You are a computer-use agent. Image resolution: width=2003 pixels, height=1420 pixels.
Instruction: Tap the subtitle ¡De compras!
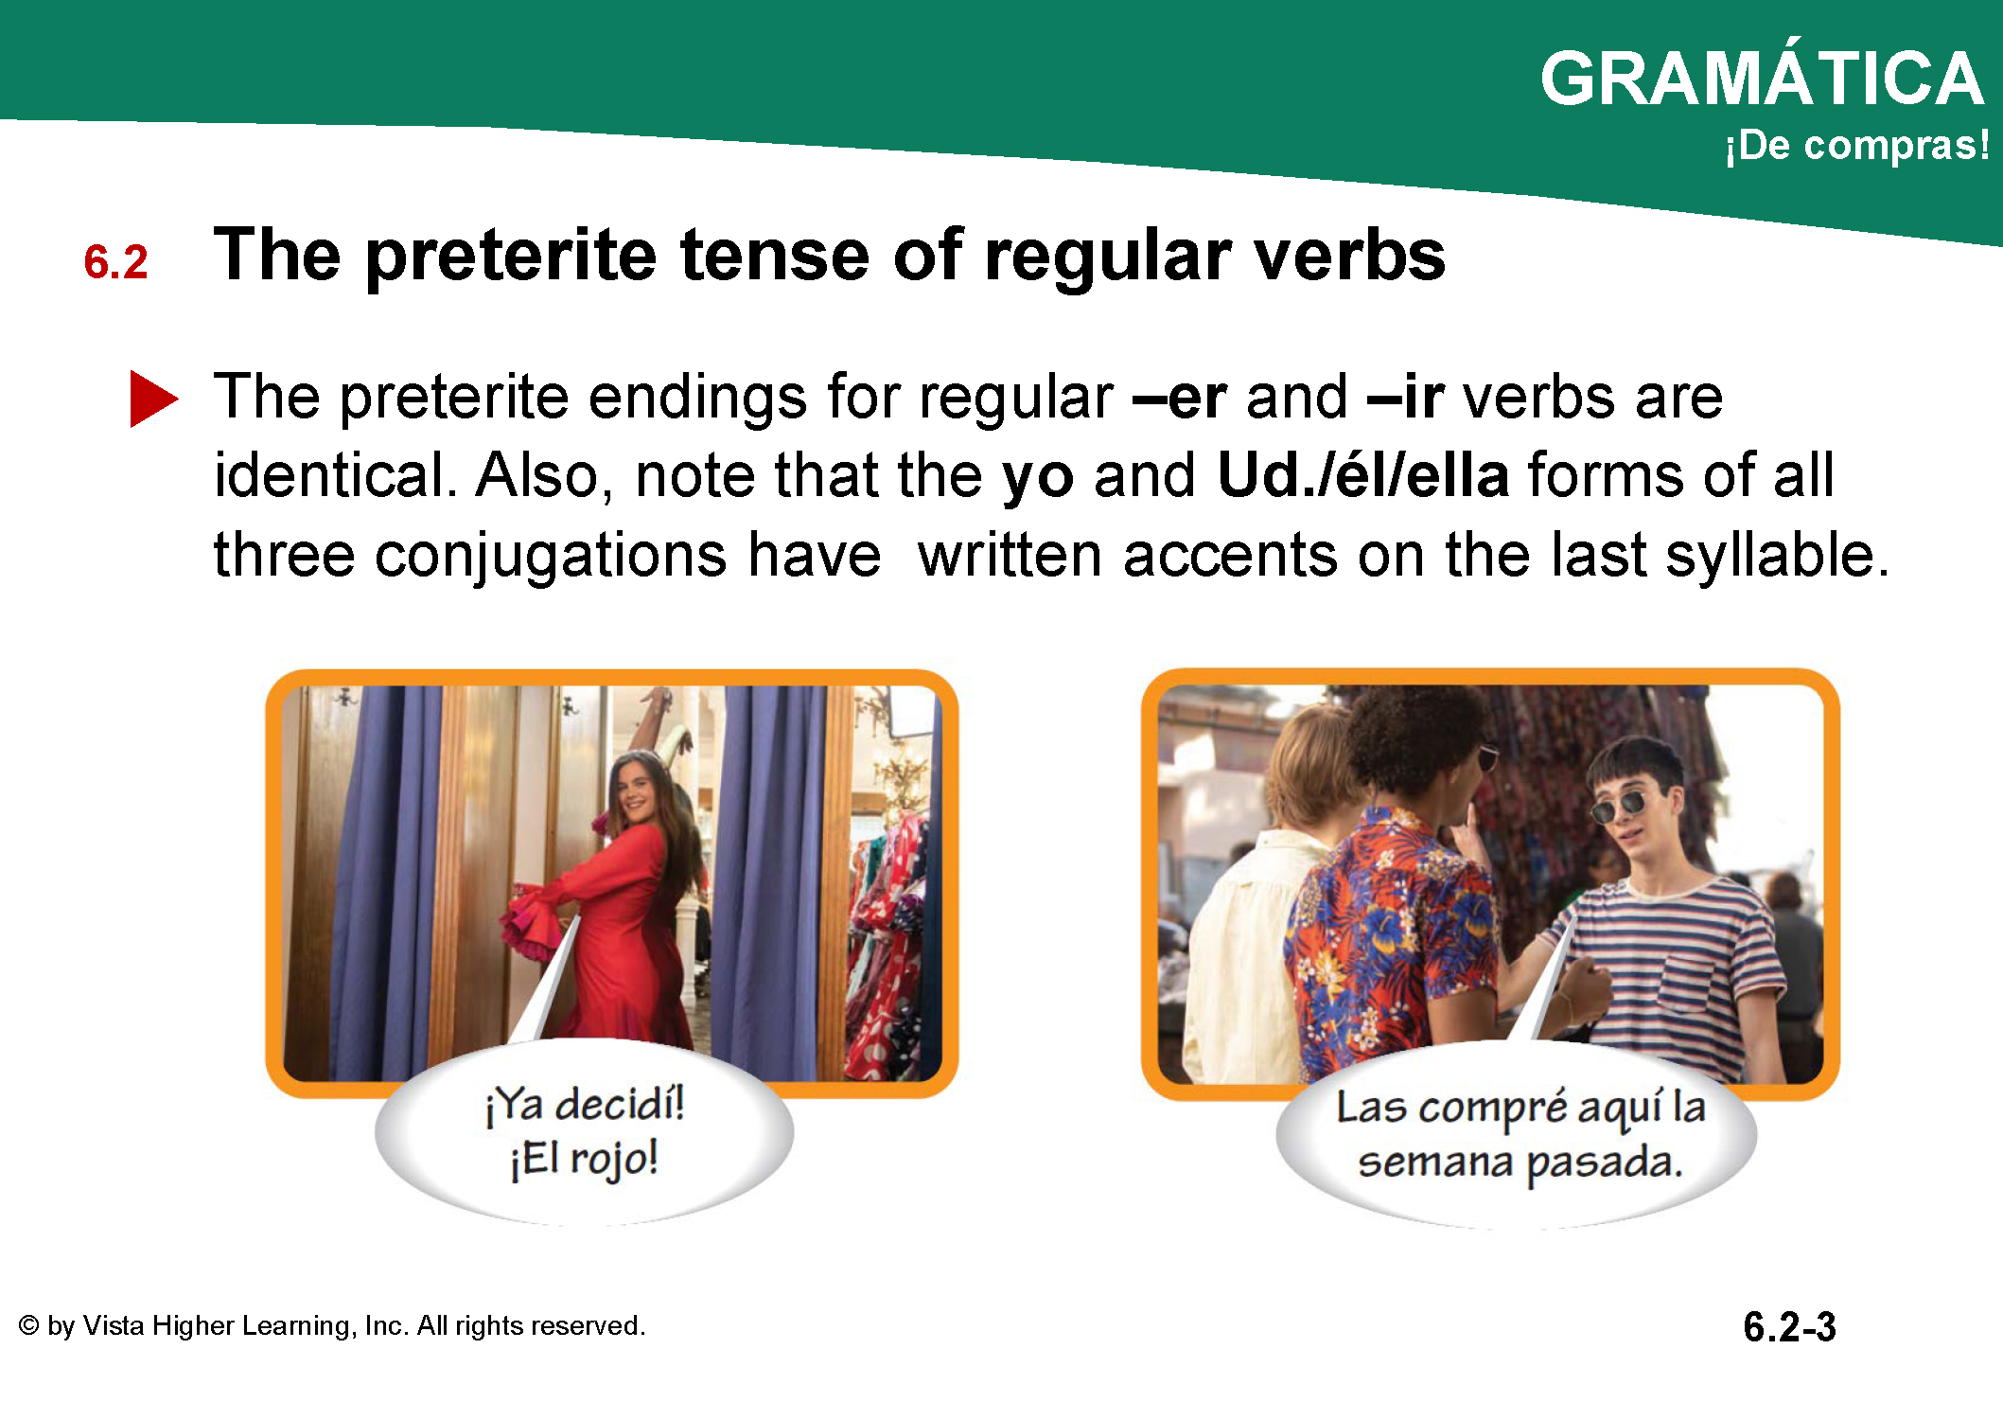click(x=1857, y=146)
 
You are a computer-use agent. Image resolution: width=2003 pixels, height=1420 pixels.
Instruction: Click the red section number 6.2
click(x=115, y=262)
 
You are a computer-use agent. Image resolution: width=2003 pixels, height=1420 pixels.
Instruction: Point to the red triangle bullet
click(x=153, y=399)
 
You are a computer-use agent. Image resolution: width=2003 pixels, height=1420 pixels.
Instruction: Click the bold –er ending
click(x=1179, y=397)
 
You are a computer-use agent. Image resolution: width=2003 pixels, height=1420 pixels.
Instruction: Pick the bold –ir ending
click(x=1405, y=397)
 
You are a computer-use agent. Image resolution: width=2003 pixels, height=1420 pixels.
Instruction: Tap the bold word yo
click(x=1038, y=477)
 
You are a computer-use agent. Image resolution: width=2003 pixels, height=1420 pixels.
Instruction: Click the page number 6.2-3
click(x=1789, y=1326)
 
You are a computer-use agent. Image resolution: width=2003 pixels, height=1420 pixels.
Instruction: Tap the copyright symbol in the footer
click(x=29, y=1325)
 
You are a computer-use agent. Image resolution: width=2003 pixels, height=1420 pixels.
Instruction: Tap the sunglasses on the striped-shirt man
click(x=1621, y=807)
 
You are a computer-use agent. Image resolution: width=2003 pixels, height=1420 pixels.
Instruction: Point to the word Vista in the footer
click(x=114, y=1325)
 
